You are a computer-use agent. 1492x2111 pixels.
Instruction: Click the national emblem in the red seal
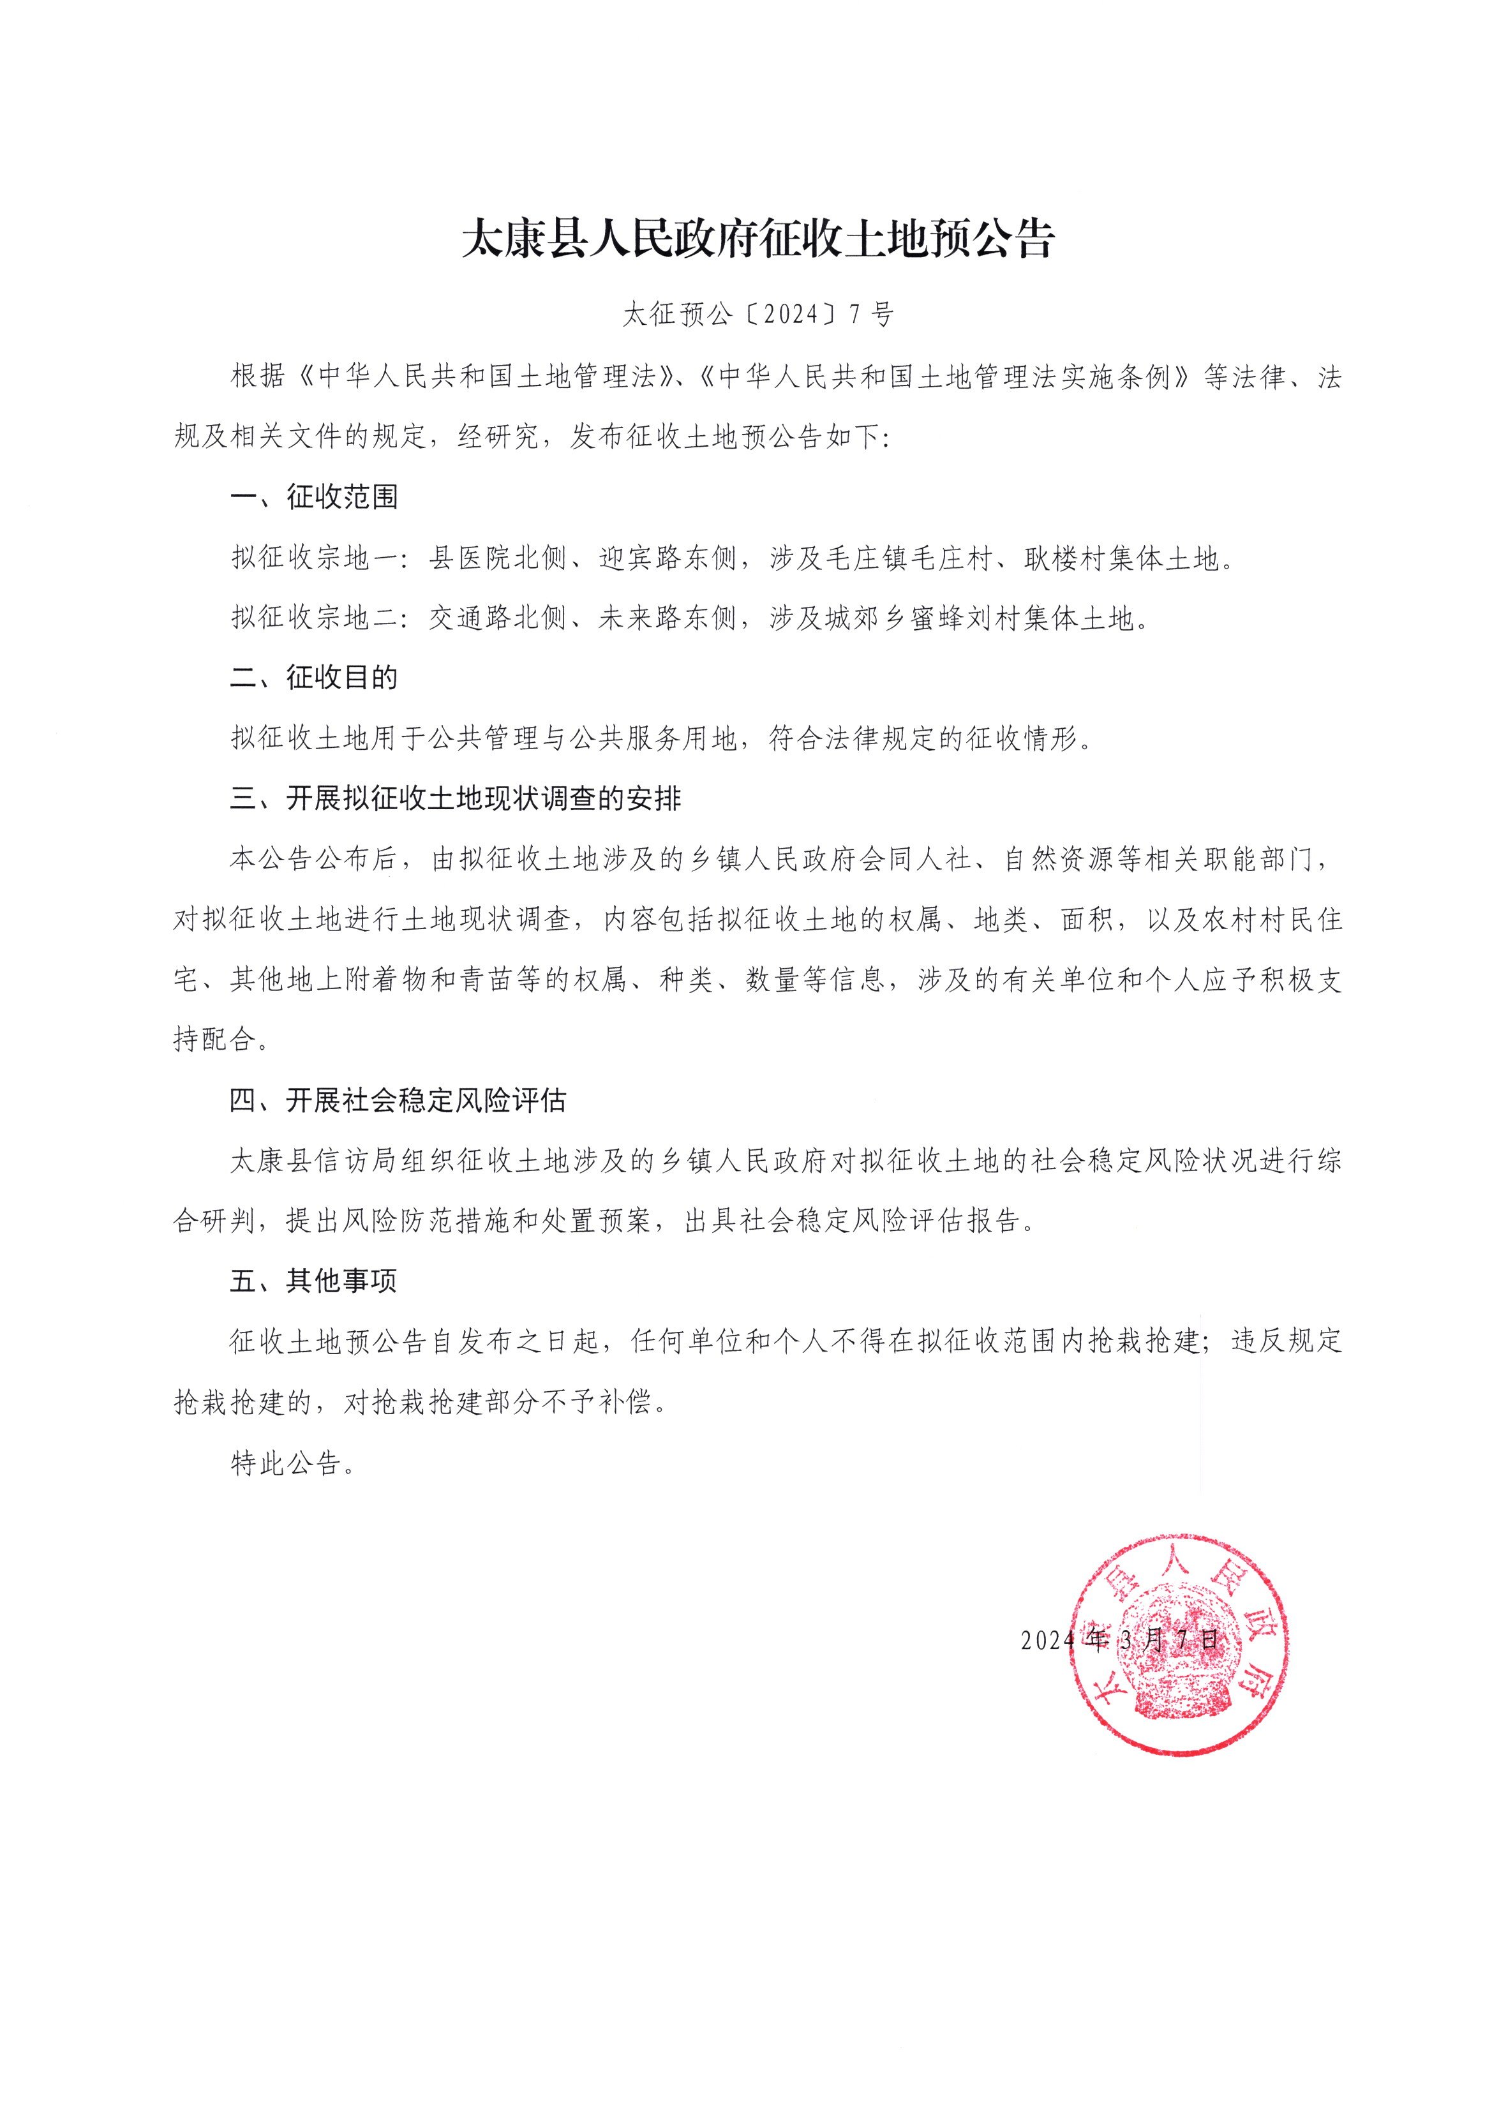(1179, 1646)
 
